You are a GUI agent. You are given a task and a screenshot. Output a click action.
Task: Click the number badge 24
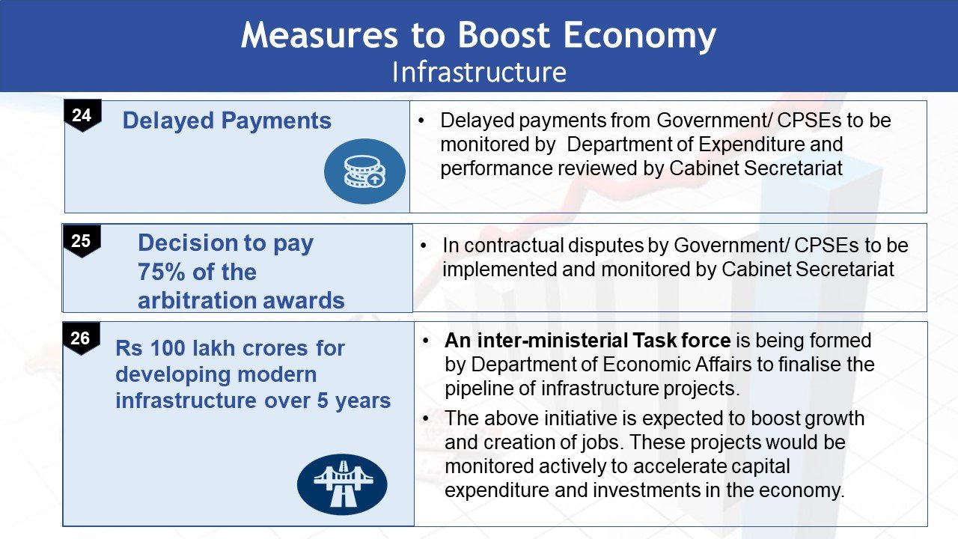[x=82, y=115]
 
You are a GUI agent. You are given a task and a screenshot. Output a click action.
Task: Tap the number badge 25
[x=82, y=241]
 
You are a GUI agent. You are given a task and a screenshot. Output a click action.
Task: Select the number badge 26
[x=82, y=338]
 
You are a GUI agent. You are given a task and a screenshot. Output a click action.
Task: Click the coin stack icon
[x=364, y=171]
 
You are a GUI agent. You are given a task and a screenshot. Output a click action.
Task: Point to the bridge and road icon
[x=342, y=484]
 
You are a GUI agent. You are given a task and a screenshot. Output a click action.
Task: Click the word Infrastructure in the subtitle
[x=479, y=72]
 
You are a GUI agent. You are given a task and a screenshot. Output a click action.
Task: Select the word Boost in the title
[x=504, y=35]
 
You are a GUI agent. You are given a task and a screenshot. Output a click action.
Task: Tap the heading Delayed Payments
[x=227, y=121]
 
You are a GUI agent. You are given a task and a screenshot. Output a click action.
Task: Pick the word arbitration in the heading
[x=196, y=300]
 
